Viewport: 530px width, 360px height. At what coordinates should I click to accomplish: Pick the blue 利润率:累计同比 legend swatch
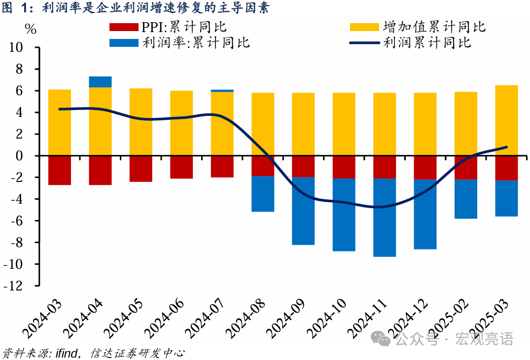124,42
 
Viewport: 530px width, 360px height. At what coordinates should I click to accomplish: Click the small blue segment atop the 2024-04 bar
100,82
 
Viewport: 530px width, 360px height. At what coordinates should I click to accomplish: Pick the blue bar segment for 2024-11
385,217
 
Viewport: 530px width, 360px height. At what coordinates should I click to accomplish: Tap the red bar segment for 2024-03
60,170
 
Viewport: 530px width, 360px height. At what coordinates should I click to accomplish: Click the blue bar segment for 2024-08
263,194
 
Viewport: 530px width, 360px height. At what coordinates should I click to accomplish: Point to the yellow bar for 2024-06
181,123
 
